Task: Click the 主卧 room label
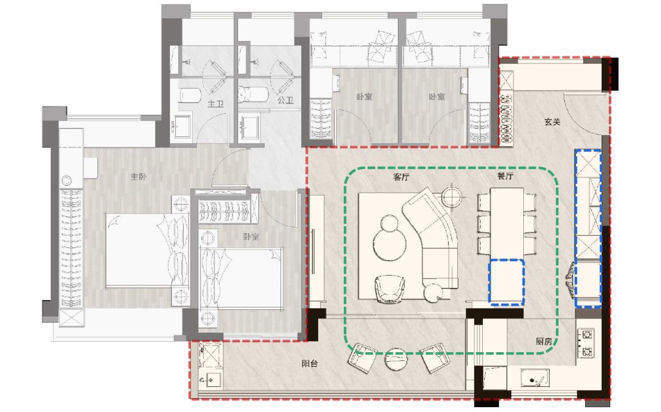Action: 139,176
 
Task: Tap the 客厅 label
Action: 401,177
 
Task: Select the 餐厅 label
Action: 505,176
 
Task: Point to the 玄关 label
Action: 552,122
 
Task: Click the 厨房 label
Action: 544,341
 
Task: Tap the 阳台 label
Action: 310,363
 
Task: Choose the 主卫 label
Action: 215,103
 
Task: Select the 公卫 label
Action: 285,100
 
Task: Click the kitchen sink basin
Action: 535,378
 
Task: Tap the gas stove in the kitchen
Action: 586,343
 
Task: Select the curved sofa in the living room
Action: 434,239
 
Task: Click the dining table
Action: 507,223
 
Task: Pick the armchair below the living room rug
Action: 389,289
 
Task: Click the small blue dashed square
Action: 507,282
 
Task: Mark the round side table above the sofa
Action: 452,196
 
